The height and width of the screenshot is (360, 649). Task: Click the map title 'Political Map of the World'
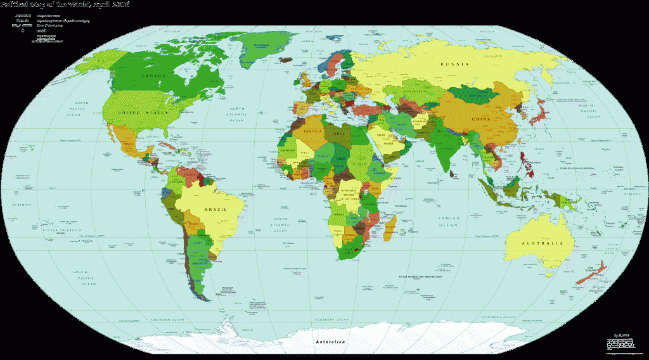click(x=66, y=4)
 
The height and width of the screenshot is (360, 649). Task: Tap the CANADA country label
click(x=153, y=77)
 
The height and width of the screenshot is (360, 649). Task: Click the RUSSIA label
click(x=455, y=64)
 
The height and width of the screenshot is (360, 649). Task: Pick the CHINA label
click(x=482, y=119)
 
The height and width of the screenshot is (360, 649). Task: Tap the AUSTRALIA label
click(x=542, y=244)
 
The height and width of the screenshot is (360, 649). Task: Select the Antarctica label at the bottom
click(x=331, y=342)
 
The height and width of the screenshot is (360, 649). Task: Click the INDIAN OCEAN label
click(x=449, y=222)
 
